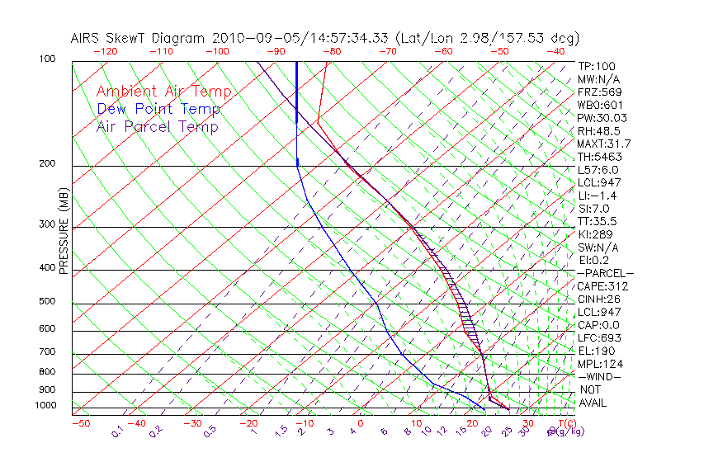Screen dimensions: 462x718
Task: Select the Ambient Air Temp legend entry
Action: (x=163, y=92)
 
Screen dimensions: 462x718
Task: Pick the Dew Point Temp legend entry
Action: (x=158, y=109)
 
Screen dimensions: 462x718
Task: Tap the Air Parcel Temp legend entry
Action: (x=157, y=126)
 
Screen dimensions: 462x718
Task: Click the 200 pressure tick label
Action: (x=46, y=164)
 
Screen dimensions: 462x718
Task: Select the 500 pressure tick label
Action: (x=46, y=302)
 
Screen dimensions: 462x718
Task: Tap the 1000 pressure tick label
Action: (x=45, y=406)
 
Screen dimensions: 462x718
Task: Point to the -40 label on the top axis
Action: (x=555, y=51)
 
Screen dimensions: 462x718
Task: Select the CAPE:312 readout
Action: (x=602, y=286)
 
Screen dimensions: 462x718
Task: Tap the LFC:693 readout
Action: (x=599, y=337)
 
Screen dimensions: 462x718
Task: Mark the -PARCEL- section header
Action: (x=605, y=273)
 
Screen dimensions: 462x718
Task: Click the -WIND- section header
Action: (x=599, y=376)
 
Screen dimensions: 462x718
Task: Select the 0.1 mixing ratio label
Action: (x=118, y=431)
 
